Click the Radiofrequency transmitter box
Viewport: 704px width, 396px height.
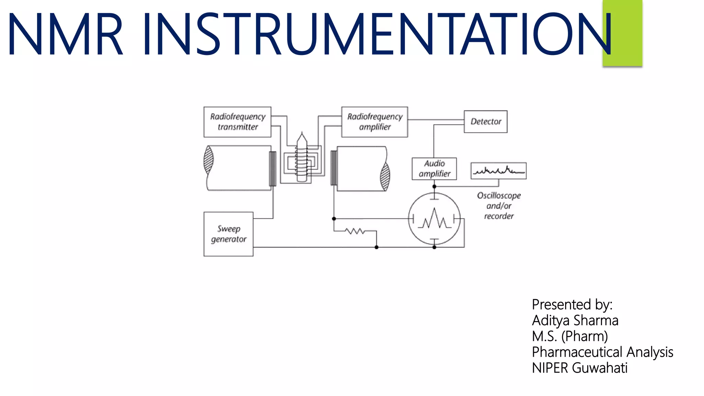pyautogui.click(x=237, y=122)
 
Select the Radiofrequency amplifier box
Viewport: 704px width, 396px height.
pyautogui.click(x=374, y=122)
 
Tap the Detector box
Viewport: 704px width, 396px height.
pyautogui.click(x=485, y=121)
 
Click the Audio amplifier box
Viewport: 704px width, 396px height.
pyautogui.click(x=434, y=168)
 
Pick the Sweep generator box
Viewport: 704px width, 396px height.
pyautogui.click(x=228, y=234)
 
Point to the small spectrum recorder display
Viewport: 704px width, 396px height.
pyautogui.click(x=498, y=170)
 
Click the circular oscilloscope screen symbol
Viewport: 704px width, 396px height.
pyautogui.click(x=434, y=219)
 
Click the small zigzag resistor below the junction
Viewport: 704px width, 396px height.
pyautogui.click(x=355, y=231)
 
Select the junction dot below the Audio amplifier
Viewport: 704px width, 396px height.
pyautogui.click(x=434, y=186)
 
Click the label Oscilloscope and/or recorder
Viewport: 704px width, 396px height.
pyautogui.click(x=498, y=206)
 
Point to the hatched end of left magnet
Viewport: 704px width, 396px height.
pyautogui.click(x=208, y=159)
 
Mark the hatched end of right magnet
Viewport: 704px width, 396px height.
pyautogui.click(x=385, y=177)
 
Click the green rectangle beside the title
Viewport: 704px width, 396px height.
pyautogui.click(x=622, y=33)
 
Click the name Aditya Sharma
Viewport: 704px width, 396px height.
pyautogui.click(x=575, y=320)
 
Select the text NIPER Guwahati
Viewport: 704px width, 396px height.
pyautogui.click(x=579, y=368)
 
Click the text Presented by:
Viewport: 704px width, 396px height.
pyautogui.click(x=572, y=305)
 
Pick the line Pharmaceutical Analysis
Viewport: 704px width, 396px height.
pyautogui.click(x=602, y=352)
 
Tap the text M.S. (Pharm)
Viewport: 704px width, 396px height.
pyautogui.click(x=570, y=336)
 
